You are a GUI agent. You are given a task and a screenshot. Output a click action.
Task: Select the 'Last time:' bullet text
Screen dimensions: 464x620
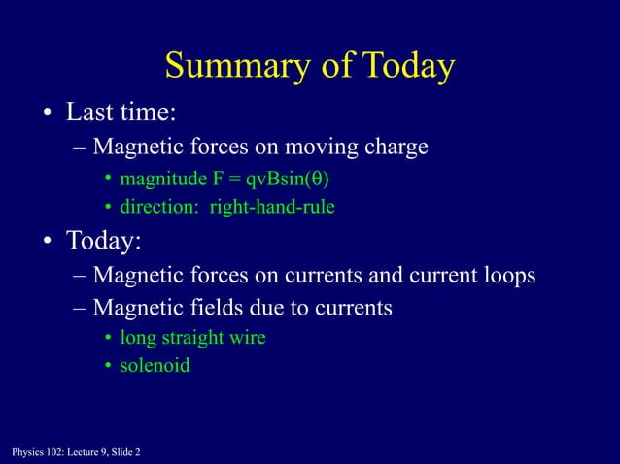(x=121, y=113)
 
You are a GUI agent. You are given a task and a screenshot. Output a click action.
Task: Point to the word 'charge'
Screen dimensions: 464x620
(x=391, y=149)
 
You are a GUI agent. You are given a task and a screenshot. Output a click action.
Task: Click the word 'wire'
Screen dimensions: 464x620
(x=248, y=338)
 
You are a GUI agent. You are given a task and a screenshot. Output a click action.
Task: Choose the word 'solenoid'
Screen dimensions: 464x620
(x=155, y=366)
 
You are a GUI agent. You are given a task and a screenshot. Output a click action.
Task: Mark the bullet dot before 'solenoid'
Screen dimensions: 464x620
(x=110, y=367)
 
